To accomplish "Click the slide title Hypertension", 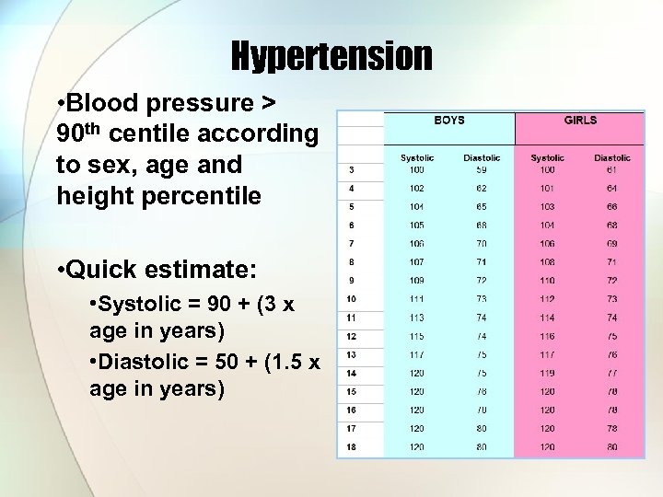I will [331, 57].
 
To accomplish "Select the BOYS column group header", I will [448, 121].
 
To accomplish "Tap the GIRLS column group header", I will [580, 121].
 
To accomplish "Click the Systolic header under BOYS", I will [418, 158].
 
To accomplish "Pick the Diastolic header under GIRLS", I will [612, 158].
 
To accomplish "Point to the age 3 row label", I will [351, 170].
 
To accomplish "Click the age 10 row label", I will [351, 299].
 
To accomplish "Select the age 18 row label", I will [351, 446].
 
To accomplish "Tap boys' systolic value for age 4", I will [418, 189].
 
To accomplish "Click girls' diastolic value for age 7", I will [612, 244].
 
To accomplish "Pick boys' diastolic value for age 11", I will [482, 318].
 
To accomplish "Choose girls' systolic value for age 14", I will [548, 373].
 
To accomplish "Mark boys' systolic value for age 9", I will [418, 281].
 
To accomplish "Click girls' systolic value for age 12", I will [548, 336].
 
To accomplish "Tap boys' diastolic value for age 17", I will [482, 428].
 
